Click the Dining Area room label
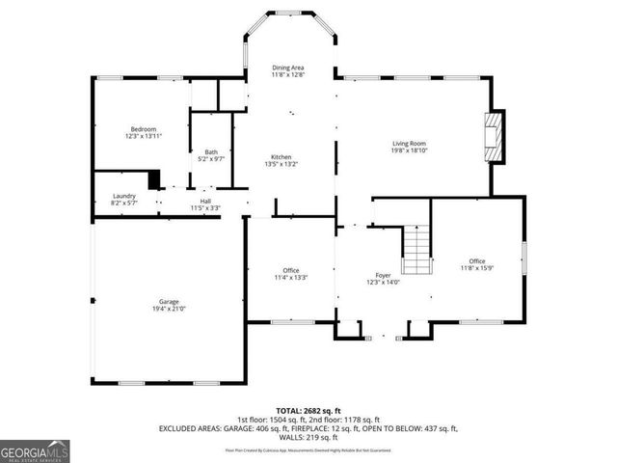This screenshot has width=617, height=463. [x=288, y=68]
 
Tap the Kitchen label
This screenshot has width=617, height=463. [x=281, y=156]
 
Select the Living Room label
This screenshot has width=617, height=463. [x=409, y=143]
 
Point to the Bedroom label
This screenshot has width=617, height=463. [x=145, y=128]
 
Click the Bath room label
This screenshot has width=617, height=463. [x=210, y=150]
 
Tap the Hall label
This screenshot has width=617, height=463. [x=204, y=201]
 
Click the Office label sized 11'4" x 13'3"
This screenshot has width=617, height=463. [x=290, y=270]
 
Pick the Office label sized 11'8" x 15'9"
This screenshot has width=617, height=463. [x=476, y=261]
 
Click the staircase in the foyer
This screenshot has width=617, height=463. [x=415, y=248]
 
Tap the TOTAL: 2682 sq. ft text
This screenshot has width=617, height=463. [x=308, y=410]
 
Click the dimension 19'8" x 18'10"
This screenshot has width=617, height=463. [x=409, y=150]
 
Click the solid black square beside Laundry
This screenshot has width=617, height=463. [x=152, y=179]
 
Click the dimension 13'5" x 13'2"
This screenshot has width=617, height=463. [x=281, y=164]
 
